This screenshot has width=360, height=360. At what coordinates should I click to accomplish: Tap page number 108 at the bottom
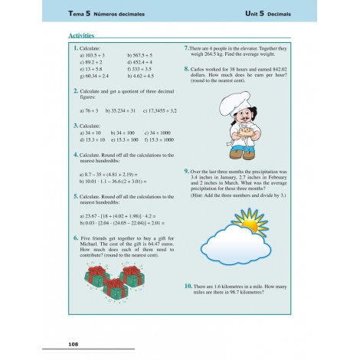tap(74, 345)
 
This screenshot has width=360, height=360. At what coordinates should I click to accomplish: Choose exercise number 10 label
tap(188, 285)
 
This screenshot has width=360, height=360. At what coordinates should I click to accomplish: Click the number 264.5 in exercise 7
tap(217, 54)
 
